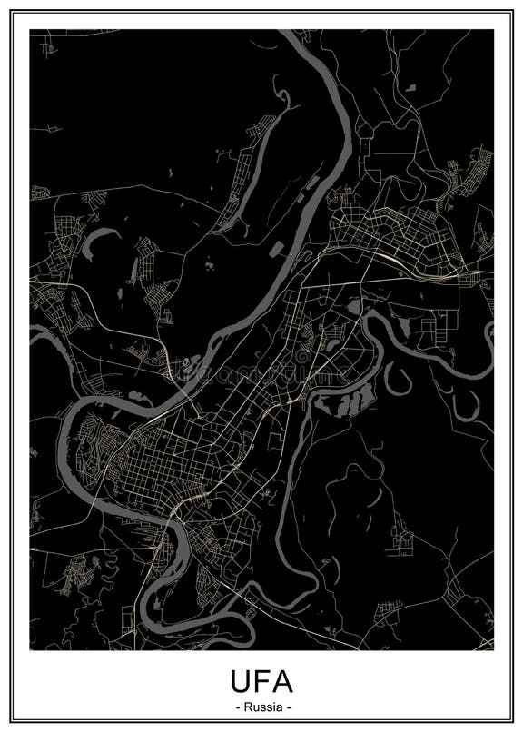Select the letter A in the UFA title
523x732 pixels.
(x=284, y=682)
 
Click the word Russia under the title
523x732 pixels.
(x=261, y=707)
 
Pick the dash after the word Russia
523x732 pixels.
(x=288, y=707)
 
